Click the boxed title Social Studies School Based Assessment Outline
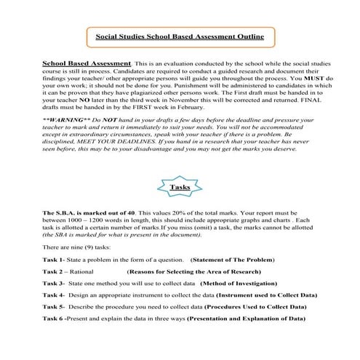180,36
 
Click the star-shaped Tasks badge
180,186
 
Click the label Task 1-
55,260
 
